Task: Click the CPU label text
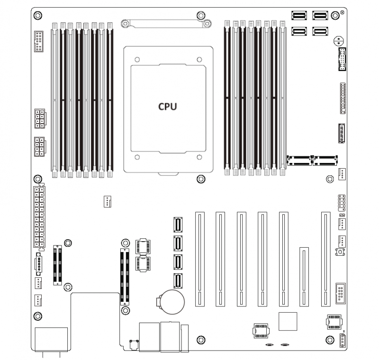(167, 106)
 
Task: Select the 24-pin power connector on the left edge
(39, 217)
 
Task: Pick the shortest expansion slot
(304, 276)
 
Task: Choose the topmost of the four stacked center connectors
(178, 225)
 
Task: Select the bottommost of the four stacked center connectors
(178, 281)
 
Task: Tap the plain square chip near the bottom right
(288, 321)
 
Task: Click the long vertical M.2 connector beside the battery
(125, 275)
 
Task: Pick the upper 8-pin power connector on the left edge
(39, 118)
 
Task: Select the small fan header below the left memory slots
(107, 202)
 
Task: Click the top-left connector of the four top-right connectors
(300, 16)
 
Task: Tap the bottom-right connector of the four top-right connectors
(320, 32)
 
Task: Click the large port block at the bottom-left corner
(51, 339)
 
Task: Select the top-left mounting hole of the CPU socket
(137, 60)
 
